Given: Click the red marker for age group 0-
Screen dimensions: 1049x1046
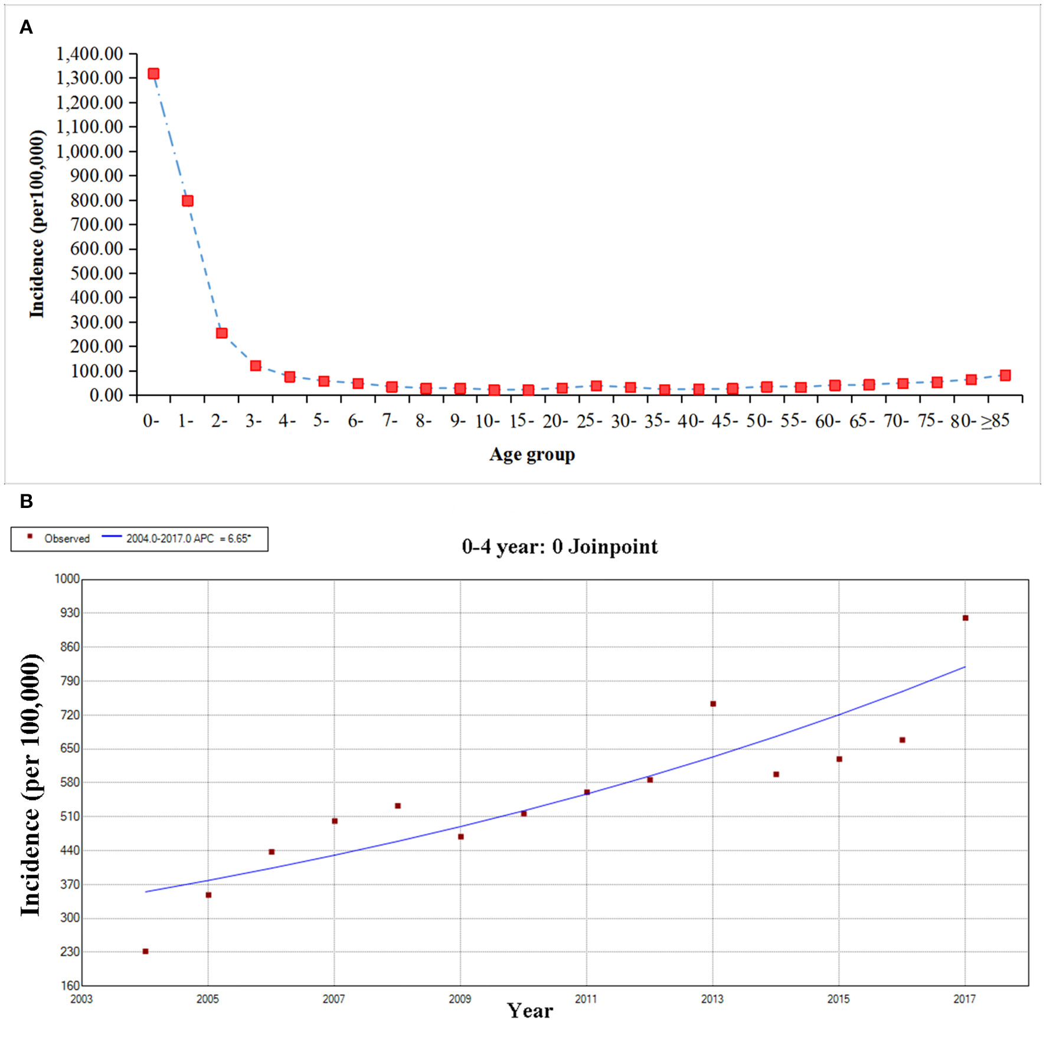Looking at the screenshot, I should click(153, 74).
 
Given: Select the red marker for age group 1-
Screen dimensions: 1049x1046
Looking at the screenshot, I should click(188, 201).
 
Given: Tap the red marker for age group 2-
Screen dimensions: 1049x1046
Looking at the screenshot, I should click(221, 333).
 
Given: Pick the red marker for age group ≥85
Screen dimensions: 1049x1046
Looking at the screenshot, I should click(1005, 375).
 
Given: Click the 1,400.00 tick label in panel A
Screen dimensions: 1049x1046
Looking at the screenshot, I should click(90, 54).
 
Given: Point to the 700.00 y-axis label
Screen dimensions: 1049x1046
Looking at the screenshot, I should click(96, 224).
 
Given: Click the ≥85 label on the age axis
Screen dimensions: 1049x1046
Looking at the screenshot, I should click(995, 421).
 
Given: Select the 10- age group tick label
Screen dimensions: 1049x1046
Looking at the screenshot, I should click(488, 421).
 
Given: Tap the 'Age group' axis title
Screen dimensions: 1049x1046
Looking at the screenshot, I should click(532, 454).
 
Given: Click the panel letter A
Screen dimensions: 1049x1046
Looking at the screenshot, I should click(26, 27).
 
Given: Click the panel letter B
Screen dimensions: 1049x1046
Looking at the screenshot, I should click(26, 501).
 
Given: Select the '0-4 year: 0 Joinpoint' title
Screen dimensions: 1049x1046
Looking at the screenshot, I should click(560, 546).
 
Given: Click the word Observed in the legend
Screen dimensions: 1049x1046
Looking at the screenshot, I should click(67, 539).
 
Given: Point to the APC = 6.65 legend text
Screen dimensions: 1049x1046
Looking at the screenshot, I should click(188, 539).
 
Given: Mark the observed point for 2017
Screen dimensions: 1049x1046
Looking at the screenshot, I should click(965, 618).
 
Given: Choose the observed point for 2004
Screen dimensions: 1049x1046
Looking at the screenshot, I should click(145, 951).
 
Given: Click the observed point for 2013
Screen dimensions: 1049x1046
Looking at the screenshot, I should click(713, 704).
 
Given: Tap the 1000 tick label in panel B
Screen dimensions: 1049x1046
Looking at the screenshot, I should click(67, 579).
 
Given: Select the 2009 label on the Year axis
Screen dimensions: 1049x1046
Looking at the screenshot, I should click(460, 999).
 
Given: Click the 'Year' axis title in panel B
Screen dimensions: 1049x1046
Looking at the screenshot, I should click(529, 1011).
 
